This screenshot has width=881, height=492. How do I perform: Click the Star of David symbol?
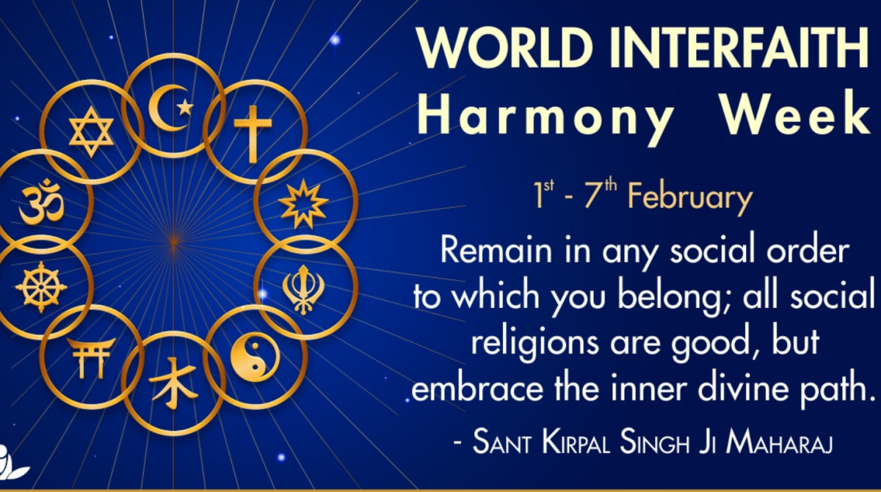pyautogui.click(x=91, y=132)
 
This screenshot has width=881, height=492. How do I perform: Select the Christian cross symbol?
pyautogui.click(x=253, y=134)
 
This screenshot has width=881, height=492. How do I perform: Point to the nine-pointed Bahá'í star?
pyautogui.click(x=303, y=204)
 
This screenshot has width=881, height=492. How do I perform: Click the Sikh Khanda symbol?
pyautogui.click(x=303, y=290)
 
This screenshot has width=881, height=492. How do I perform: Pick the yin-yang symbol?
pyautogui.click(x=255, y=357)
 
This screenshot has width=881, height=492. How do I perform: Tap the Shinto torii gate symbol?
pyautogui.click(x=92, y=358)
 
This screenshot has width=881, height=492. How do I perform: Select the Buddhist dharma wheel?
pyautogui.click(x=41, y=287)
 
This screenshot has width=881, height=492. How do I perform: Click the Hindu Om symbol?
pyautogui.click(x=42, y=202)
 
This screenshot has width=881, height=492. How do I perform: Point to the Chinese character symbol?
pyautogui.click(x=173, y=383)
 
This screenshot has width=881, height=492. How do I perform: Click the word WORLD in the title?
pyautogui.click(x=505, y=48)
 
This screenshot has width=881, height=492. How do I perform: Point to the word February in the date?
pyautogui.click(x=690, y=198)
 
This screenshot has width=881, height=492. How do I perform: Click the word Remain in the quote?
pyautogui.click(x=496, y=250)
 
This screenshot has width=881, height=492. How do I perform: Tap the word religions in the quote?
pyautogui.click(x=535, y=342)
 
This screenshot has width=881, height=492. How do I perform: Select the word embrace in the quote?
pyautogui.click(x=477, y=389)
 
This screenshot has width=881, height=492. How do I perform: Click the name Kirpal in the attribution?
pyautogui.click(x=576, y=442)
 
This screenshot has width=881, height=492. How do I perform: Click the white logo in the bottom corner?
pyautogui.click(x=12, y=463)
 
